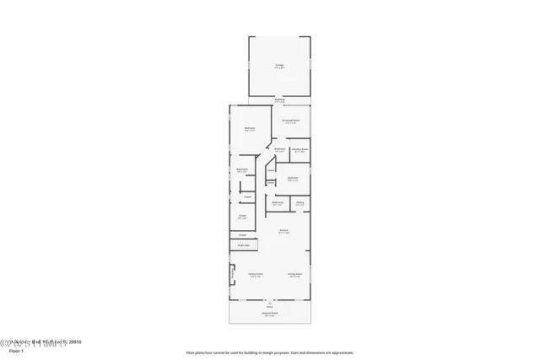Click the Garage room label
[x=278, y=65]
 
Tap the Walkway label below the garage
[x=278, y=100]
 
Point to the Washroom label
[x=279, y=150]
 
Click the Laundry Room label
[x=300, y=150]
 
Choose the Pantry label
[x=300, y=202]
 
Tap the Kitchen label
[x=283, y=230]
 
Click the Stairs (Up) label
[x=243, y=244]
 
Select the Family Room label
[x=255, y=274]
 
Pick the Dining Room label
[x=294, y=274]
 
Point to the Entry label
[x=270, y=306]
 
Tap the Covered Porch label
[x=270, y=314]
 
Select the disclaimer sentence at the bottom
[x=270, y=352]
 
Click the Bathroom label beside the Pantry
[x=278, y=202]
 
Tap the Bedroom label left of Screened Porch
[x=250, y=129]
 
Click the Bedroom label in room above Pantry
[x=293, y=178]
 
